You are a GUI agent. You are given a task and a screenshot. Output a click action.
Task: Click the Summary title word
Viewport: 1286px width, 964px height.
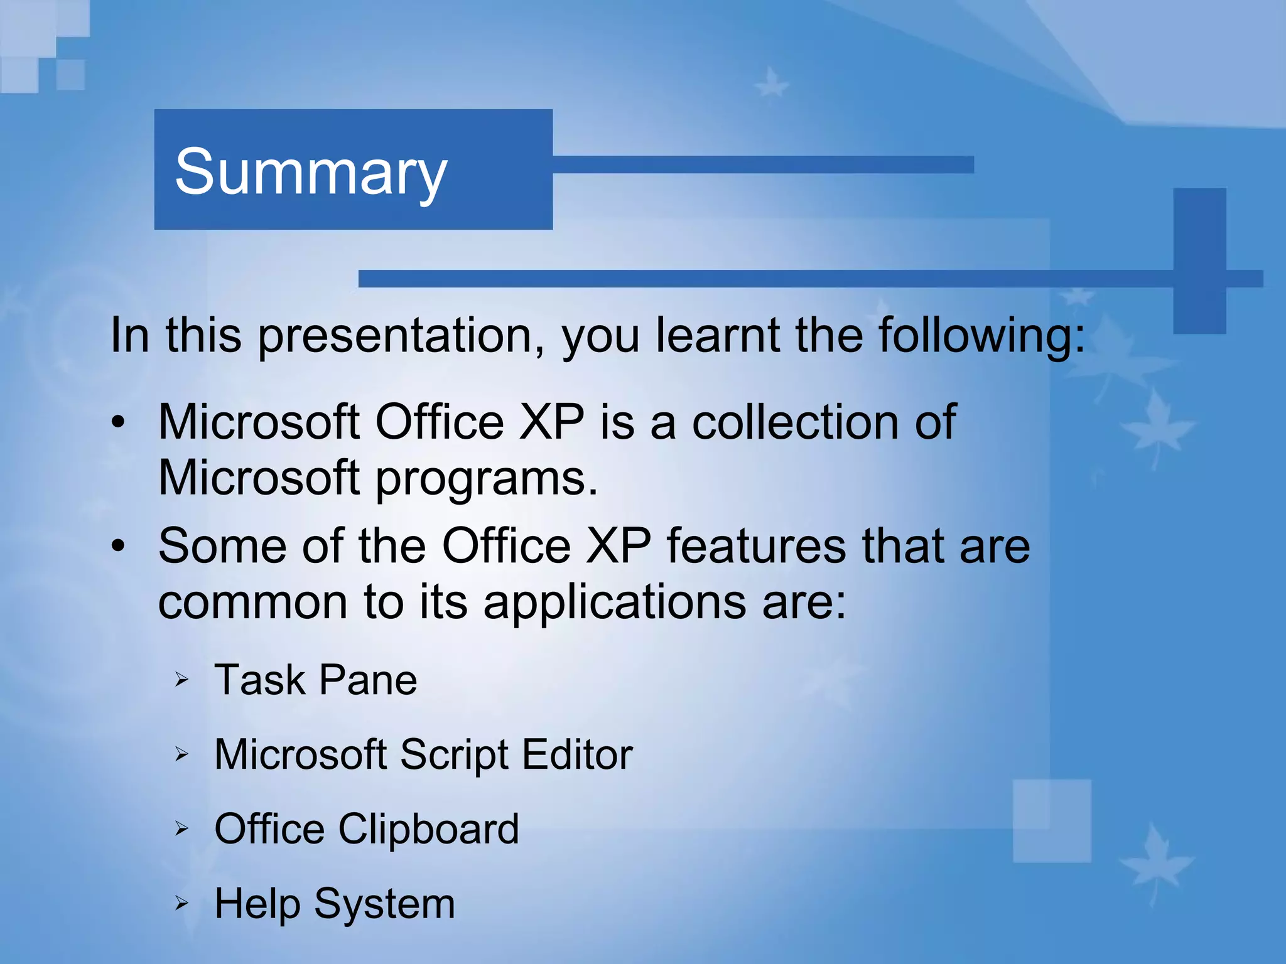coord(311,171)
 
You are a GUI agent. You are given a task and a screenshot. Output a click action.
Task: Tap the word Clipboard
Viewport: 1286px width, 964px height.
coord(428,829)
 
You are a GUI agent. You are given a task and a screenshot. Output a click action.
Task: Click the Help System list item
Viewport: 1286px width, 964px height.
coord(334,904)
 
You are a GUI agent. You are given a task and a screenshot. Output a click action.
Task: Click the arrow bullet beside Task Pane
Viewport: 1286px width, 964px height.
coord(181,679)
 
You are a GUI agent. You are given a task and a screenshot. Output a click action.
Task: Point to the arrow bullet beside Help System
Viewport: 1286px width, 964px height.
coord(181,904)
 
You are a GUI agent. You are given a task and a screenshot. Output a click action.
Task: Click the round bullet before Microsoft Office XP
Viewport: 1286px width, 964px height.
coord(119,422)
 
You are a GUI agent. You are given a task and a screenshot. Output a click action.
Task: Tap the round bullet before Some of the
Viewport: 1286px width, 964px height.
coord(119,546)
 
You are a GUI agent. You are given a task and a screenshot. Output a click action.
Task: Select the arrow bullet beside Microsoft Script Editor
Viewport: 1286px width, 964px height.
coord(181,754)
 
